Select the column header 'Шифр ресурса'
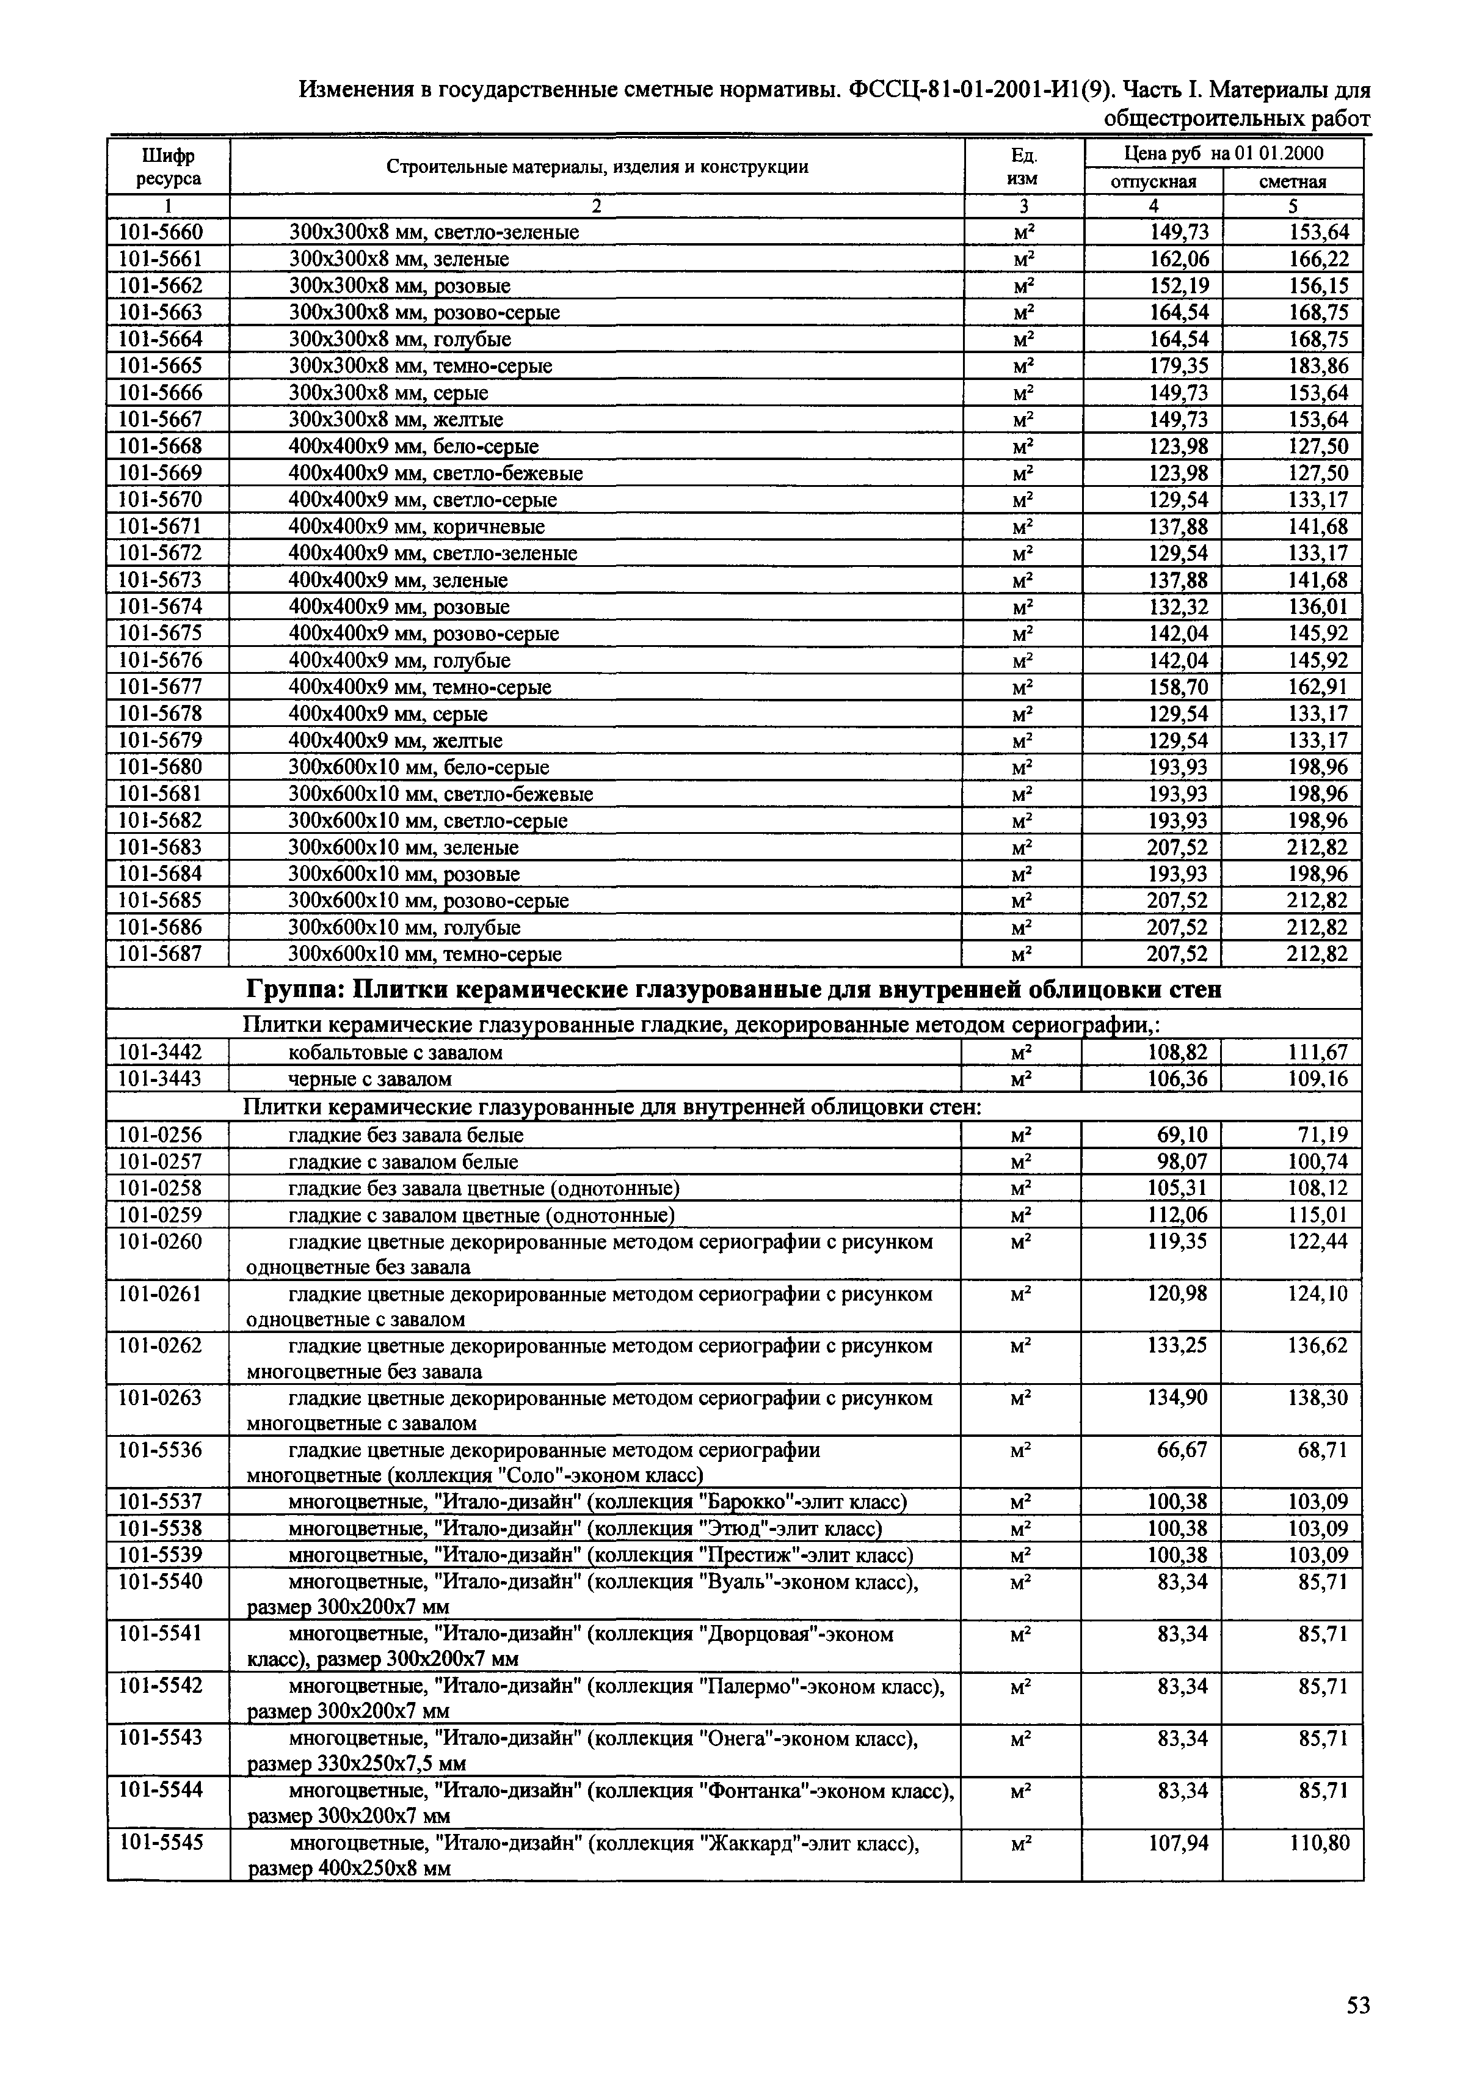169,167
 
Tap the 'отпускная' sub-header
1153,181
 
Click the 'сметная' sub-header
1292,181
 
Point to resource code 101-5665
161,365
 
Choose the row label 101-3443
161,1079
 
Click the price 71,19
1323,1135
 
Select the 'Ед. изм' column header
1024,167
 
